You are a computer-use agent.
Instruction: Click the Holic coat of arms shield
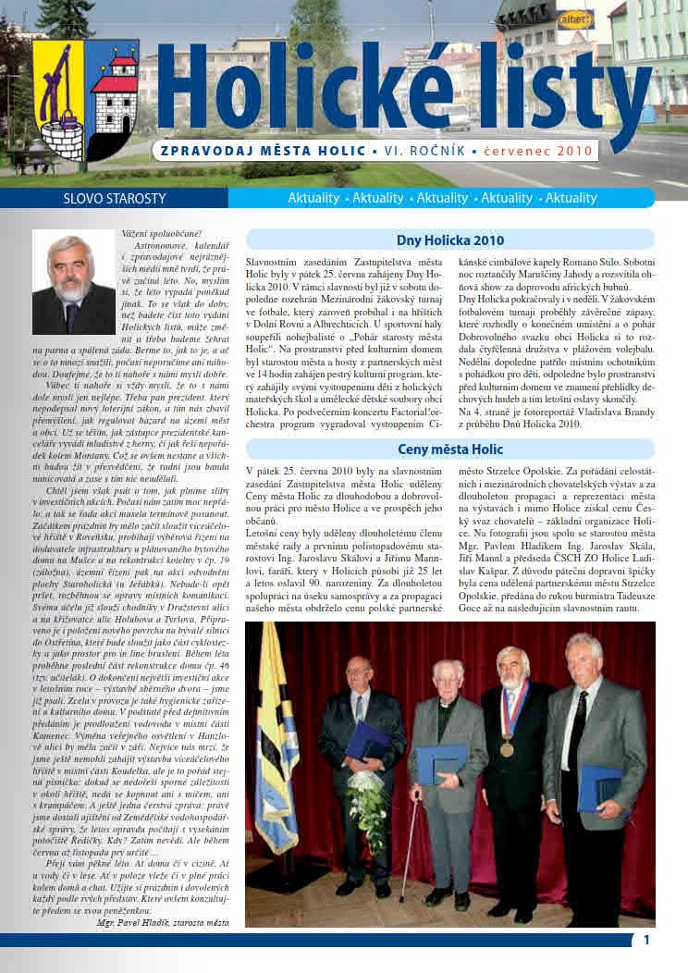coord(85,100)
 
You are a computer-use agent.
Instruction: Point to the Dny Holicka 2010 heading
coord(449,240)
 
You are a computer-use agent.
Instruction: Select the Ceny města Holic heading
coord(449,450)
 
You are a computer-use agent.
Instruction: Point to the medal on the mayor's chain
coord(507,748)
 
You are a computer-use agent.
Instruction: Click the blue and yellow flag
coord(276,740)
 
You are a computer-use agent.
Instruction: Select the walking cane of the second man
coord(409,846)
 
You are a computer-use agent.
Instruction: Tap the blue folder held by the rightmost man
coord(598,787)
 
